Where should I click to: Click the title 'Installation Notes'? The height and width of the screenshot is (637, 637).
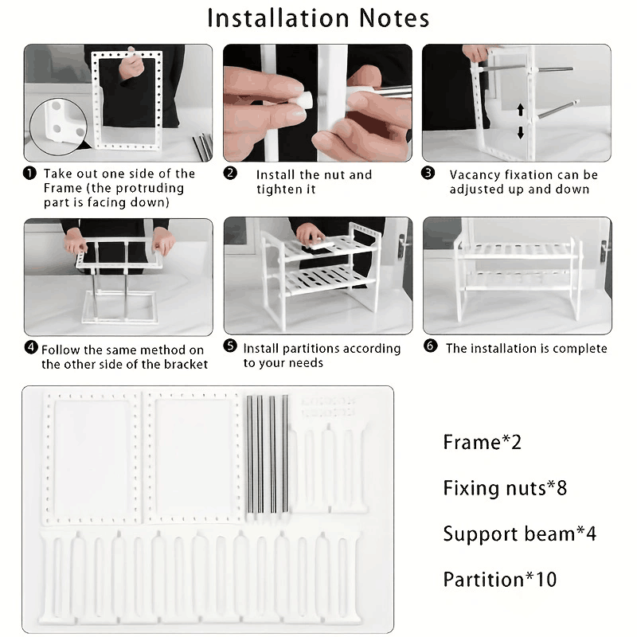[x=318, y=18]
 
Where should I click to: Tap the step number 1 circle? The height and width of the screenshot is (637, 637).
[x=29, y=174]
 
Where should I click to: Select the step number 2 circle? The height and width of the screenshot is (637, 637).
[x=230, y=174]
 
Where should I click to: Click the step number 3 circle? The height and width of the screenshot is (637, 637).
[x=428, y=174]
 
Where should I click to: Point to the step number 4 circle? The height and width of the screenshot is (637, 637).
[x=31, y=348]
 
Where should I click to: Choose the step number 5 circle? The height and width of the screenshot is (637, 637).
[x=230, y=347]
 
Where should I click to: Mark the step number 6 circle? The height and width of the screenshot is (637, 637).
[x=431, y=347]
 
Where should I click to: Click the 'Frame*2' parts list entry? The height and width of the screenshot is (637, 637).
[x=482, y=442]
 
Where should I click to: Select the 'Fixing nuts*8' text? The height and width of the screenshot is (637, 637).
[x=505, y=487]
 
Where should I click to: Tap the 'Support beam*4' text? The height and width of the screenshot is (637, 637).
[x=519, y=533]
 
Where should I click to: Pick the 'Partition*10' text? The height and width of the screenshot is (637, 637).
[x=500, y=580]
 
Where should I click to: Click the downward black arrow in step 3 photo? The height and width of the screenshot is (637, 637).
[x=521, y=132]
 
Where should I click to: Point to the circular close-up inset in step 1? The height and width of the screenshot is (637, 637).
[x=57, y=127]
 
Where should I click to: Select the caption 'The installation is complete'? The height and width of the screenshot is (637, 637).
[x=526, y=348]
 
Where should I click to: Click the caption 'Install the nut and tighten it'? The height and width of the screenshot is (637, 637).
[x=314, y=182]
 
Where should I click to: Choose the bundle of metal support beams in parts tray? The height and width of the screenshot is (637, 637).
[x=267, y=454]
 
